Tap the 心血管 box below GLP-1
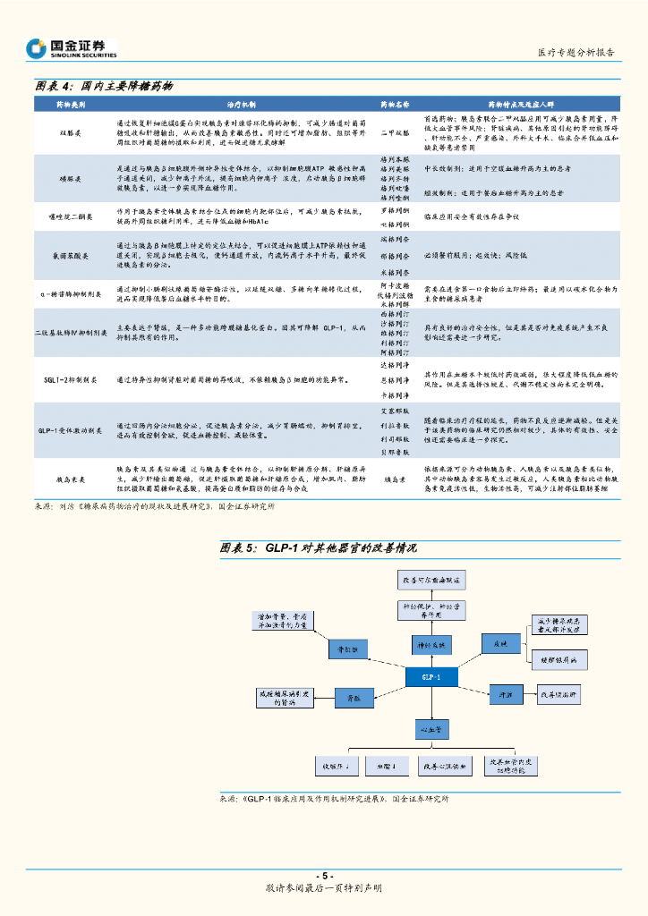click(x=429, y=729)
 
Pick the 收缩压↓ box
click(x=335, y=767)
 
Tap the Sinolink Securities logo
click(x=72, y=48)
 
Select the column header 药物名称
click(x=395, y=105)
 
